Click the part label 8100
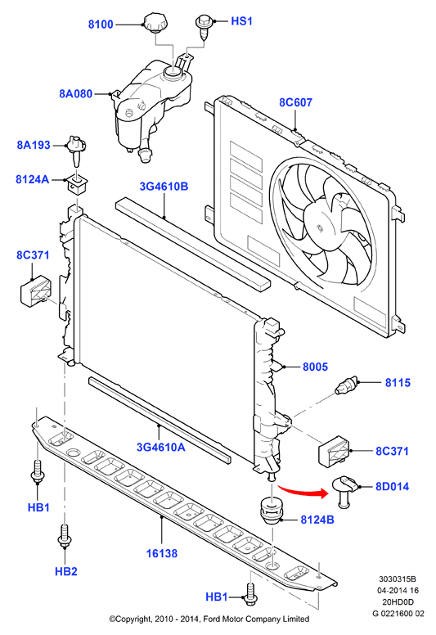click(x=101, y=25)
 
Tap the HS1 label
click(x=241, y=20)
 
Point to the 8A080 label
click(x=76, y=94)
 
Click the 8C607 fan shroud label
click(x=295, y=102)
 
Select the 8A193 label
click(x=34, y=145)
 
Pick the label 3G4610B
click(x=164, y=187)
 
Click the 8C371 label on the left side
click(x=33, y=255)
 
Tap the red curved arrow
click(x=303, y=489)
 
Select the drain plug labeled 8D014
click(x=344, y=491)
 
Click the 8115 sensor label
click(x=398, y=383)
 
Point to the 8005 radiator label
click(x=315, y=367)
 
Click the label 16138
click(x=161, y=553)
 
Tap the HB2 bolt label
click(x=66, y=571)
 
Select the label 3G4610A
click(x=160, y=447)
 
